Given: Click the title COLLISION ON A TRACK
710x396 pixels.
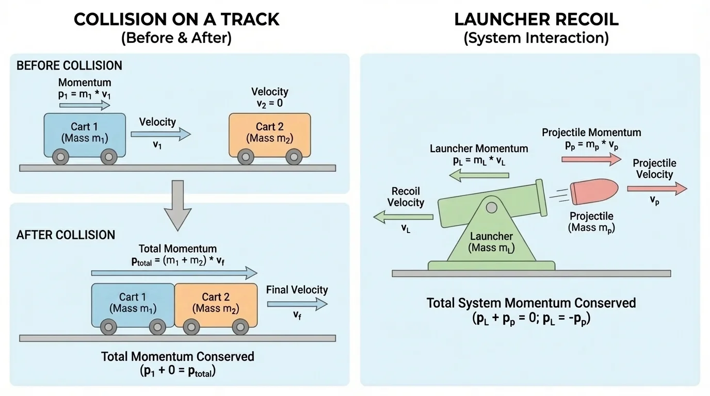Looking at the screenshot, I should [176, 20].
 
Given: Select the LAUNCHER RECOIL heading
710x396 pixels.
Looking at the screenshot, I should [536, 20].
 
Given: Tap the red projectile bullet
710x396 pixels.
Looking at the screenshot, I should [594, 192].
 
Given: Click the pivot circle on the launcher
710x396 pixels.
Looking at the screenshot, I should [491, 207].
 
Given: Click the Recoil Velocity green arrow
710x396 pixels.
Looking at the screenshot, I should [403, 217].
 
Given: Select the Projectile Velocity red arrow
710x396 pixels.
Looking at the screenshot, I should [657, 189].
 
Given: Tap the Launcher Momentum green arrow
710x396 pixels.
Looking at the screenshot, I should [479, 176].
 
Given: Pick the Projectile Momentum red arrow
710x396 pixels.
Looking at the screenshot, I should [591, 160].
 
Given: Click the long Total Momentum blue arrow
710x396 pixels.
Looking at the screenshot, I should [174, 273].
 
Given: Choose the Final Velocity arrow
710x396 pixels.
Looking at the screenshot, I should [297, 305].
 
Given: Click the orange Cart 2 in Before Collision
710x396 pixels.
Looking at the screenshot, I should [269, 135].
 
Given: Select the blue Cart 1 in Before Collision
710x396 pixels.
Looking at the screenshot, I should [85, 135].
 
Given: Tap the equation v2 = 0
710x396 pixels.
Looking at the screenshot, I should [269, 103].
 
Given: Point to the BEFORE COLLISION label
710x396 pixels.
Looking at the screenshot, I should [69, 66].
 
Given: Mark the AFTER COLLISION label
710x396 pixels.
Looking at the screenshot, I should [66, 235].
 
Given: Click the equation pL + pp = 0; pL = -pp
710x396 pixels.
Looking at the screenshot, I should [531, 318].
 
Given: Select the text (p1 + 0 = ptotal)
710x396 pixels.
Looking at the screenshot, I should [177, 371].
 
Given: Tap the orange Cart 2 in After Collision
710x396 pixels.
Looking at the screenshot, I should [216, 305].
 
